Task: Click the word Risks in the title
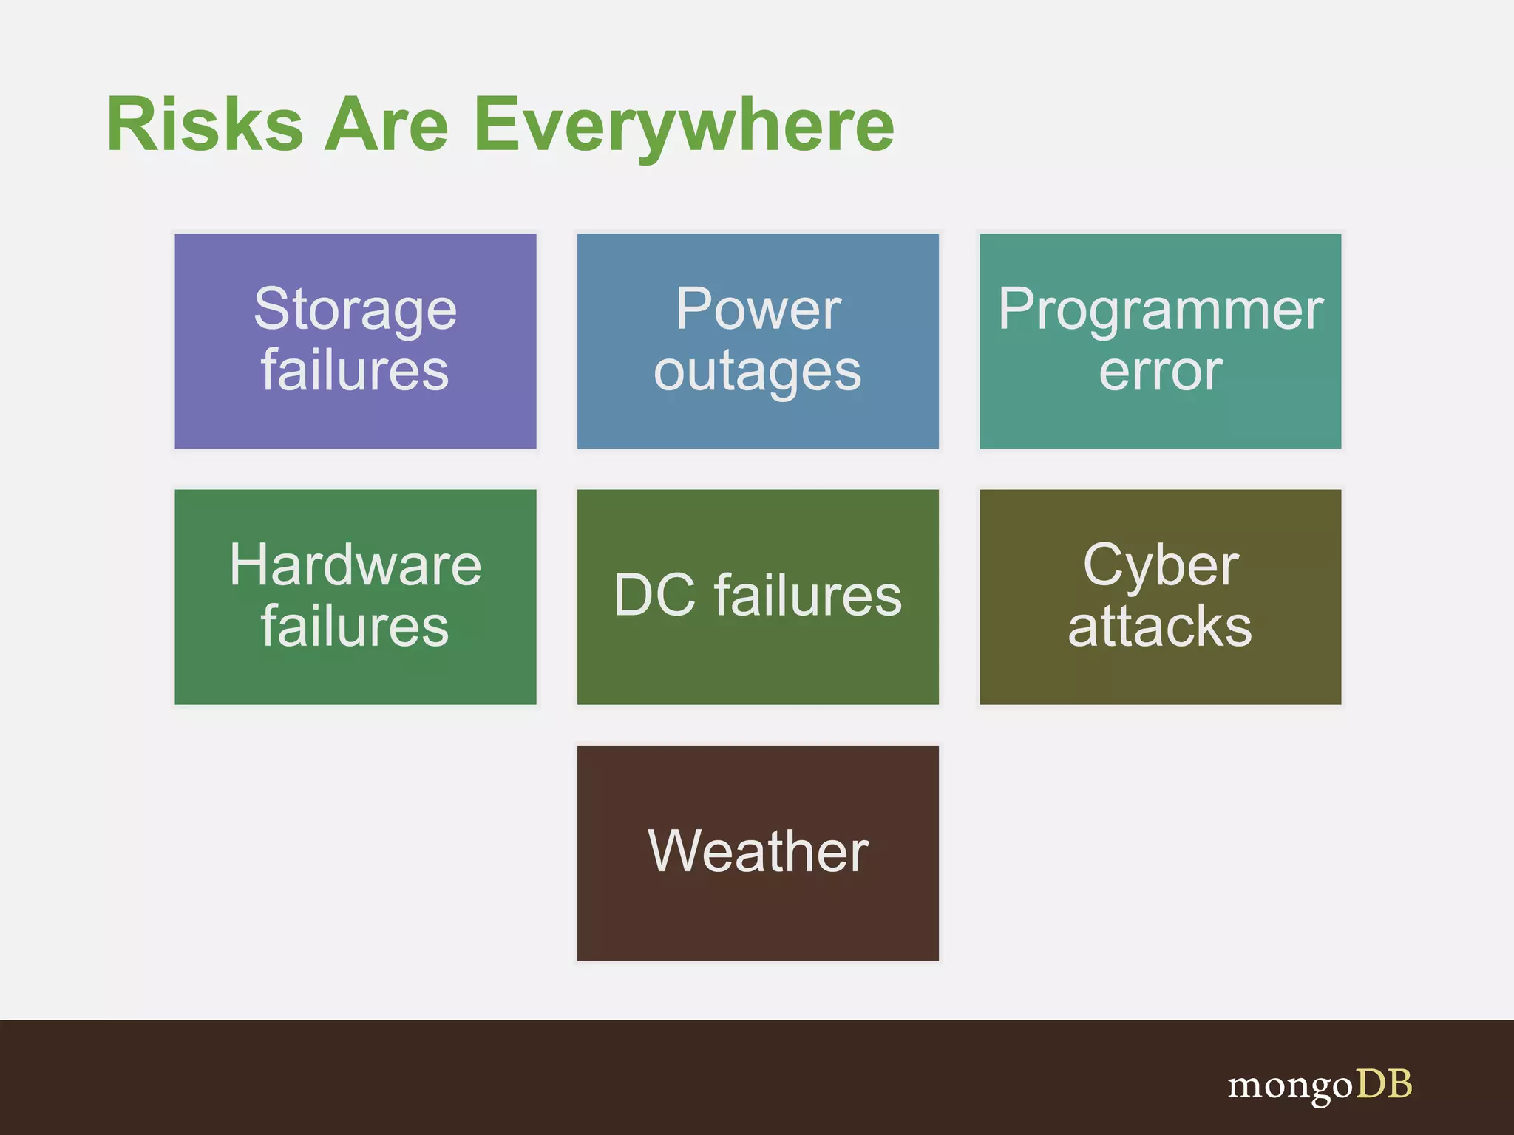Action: tap(205, 125)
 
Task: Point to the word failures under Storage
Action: tap(355, 370)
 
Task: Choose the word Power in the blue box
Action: tap(758, 309)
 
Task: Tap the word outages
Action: tap(758, 372)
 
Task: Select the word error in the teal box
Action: tap(1161, 372)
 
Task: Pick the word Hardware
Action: tap(355, 565)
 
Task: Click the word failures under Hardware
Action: tap(355, 627)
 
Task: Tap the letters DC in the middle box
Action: tap(654, 596)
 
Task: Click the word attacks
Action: tap(1161, 627)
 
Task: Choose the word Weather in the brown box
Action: tap(758, 851)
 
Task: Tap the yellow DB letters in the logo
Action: tap(1384, 1084)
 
